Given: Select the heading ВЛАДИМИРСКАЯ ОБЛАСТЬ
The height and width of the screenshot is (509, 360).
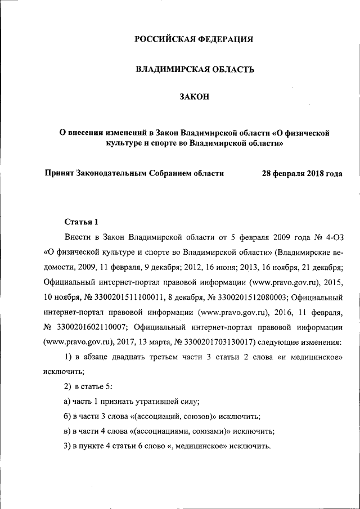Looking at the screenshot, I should pyautogui.click(x=194, y=69).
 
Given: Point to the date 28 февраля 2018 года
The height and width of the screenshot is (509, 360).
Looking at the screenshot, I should pyautogui.click(x=302, y=173).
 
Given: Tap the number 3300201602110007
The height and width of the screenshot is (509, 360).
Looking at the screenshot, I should pyautogui.click(x=94, y=326).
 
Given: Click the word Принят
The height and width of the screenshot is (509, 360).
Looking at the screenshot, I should pyautogui.click(x=59, y=173).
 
